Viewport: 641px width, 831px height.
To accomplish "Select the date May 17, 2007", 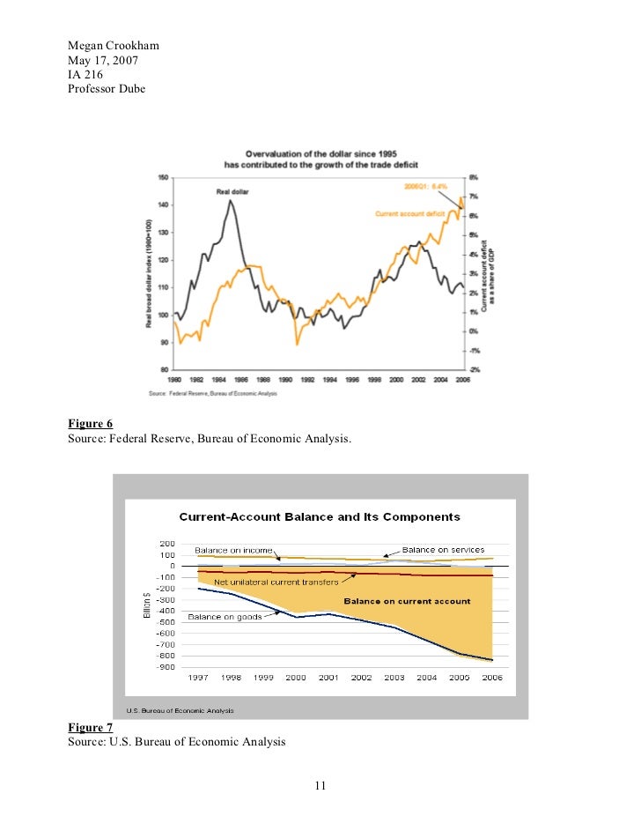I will [103, 60].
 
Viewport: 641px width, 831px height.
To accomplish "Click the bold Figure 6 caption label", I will [90, 423].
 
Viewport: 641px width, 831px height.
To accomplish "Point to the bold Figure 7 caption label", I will [90, 727].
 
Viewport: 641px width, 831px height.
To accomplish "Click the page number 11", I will [320, 785].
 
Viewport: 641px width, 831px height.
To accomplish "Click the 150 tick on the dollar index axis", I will [163, 177].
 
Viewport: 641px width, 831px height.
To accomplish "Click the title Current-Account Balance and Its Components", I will [320, 516].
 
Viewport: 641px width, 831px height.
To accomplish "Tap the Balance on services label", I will [443, 549].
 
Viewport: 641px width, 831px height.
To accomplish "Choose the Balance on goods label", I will [225, 617].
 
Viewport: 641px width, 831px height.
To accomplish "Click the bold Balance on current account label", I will [407, 601].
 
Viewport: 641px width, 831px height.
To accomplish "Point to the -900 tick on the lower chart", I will [165, 666].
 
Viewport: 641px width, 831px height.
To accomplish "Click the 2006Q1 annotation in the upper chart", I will [426, 187].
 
